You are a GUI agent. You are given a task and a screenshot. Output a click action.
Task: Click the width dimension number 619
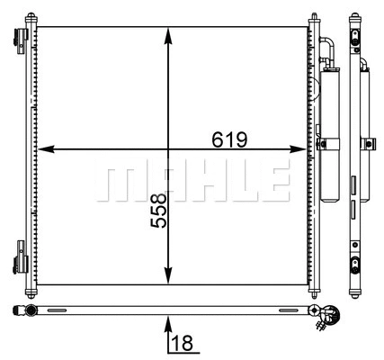tap(229, 139)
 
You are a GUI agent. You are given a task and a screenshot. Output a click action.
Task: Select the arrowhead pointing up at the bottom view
tap(168, 319)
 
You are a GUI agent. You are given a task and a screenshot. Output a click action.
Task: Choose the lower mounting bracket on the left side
tap(21, 263)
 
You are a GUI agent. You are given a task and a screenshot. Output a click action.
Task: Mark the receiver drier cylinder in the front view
tap(328, 135)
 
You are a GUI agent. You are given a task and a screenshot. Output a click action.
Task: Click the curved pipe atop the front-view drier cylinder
tap(328, 45)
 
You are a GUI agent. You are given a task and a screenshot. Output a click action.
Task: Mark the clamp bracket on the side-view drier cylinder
tap(368, 142)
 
